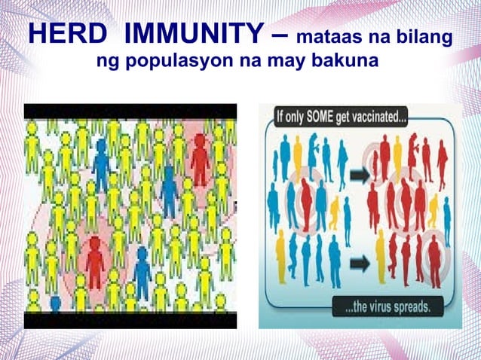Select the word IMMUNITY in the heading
point(198,35)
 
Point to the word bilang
point(424,37)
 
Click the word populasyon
point(201,60)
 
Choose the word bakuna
point(344,60)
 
